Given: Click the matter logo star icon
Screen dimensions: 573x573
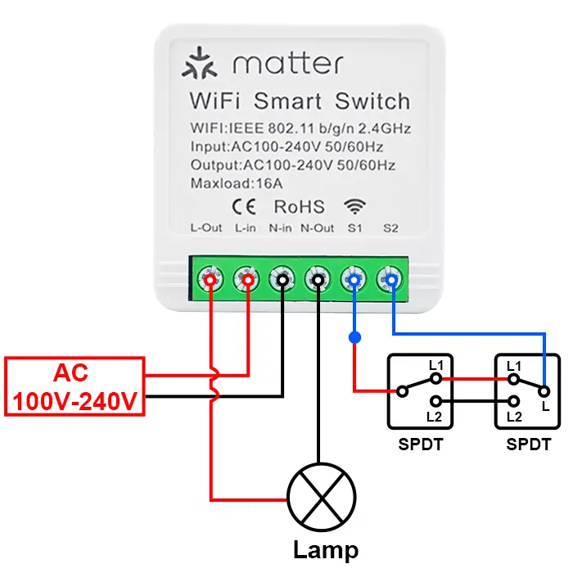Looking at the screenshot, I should tap(198, 65).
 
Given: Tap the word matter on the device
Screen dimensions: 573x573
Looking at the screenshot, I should tap(286, 64).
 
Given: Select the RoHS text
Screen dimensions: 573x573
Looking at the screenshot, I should tap(299, 206).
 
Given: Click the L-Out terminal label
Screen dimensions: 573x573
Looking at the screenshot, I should tap(206, 228).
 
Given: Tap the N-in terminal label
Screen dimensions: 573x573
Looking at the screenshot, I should tap(281, 228).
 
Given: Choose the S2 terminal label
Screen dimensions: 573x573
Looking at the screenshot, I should tap(390, 228).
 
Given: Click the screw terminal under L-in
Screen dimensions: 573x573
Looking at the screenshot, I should tap(246, 279).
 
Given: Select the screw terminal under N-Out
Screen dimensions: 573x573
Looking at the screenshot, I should tap(318, 279).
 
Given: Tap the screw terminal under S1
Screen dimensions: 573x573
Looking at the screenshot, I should tap(354, 279).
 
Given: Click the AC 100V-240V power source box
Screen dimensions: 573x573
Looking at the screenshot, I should tap(75, 387).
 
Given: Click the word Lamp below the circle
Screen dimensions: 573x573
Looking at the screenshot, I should tap(325, 550).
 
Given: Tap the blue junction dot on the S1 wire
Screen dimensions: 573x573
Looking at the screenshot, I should tap(354, 337).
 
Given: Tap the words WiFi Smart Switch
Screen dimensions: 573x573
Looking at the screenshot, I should tap(299, 102).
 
